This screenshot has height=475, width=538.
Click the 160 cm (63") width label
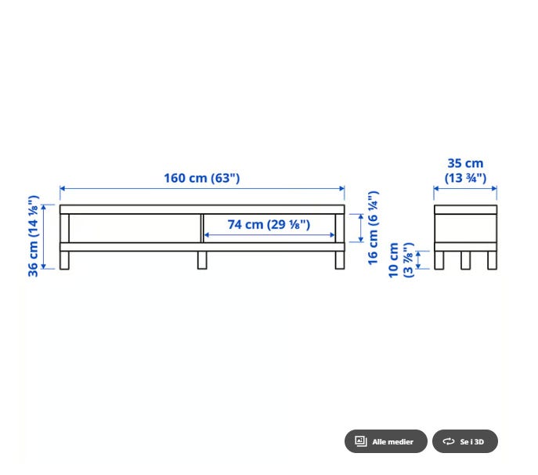202,178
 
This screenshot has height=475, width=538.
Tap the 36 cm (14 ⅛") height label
33,236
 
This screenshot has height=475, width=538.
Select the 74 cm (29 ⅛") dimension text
269,225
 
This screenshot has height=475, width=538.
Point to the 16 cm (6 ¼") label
373,228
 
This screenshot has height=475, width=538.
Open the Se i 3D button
465,441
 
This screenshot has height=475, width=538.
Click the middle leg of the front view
202,260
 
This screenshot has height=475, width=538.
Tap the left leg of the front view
64,260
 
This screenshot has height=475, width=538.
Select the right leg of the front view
340,260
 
